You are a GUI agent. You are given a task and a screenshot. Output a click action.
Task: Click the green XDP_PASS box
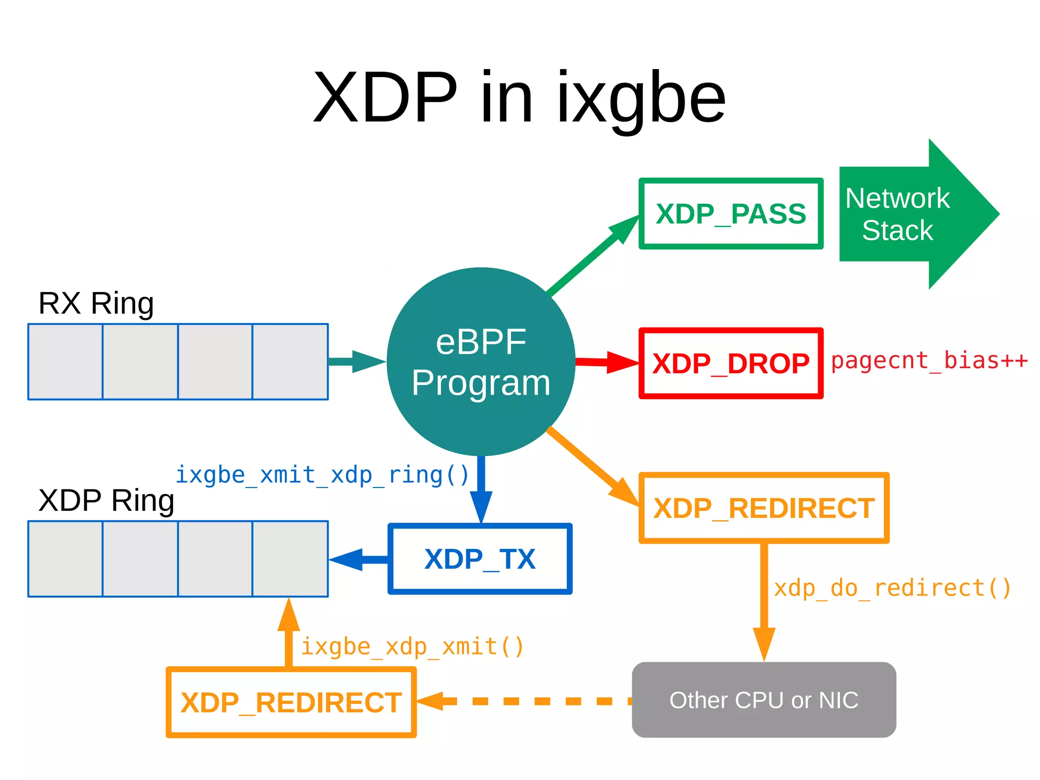pos(730,213)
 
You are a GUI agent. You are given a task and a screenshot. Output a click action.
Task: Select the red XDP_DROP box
pos(730,363)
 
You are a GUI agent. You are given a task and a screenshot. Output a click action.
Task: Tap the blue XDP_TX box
pos(480,559)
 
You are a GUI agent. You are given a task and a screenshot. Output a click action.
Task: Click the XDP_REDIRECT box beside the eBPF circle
pos(763,508)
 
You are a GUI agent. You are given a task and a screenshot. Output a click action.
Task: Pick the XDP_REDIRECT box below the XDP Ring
pos(291,702)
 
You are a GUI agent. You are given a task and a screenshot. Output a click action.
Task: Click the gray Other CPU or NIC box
pos(763,700)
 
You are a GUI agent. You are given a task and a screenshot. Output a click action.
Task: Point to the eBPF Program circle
pos(480,362)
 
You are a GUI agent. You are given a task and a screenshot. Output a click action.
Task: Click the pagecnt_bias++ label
pos(929,361)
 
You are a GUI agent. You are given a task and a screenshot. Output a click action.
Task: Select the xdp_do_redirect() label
pos(892,588)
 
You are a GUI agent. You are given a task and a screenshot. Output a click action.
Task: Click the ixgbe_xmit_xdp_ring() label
pos(322,475)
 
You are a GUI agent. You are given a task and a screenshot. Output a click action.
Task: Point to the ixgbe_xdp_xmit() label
pos(412,647)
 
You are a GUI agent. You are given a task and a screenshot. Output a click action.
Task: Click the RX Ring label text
pos(96,303)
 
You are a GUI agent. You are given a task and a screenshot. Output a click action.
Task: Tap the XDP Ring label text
pos(106,500)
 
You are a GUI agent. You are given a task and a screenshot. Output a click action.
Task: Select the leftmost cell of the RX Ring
pos(66,362)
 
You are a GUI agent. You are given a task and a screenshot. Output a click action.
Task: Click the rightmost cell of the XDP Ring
pos(290,559)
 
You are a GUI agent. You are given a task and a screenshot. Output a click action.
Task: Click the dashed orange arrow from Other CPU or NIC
pos(523,701)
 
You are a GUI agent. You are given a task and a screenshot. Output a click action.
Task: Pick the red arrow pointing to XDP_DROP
pos(607,362)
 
